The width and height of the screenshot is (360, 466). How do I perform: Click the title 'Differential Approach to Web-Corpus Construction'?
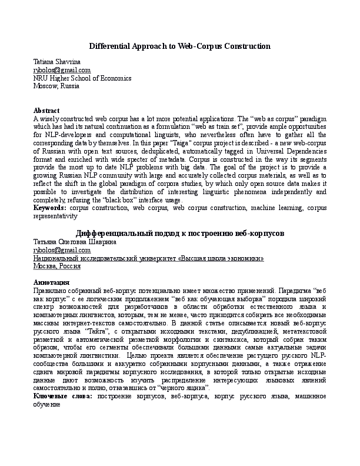[x=179, y=46]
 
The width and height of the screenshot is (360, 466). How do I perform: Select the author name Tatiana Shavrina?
[x=57, y=62]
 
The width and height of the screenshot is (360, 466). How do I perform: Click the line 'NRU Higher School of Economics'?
[x=82, y=78]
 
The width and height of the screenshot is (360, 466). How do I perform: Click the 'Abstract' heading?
[x=46, y=111]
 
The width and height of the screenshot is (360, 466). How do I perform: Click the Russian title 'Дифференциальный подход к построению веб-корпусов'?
[x=180, y=233]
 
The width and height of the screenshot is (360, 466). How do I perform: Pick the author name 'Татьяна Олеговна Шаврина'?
[x=74, y=242]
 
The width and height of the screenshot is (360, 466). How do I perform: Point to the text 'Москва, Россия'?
[x=57, y=266]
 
